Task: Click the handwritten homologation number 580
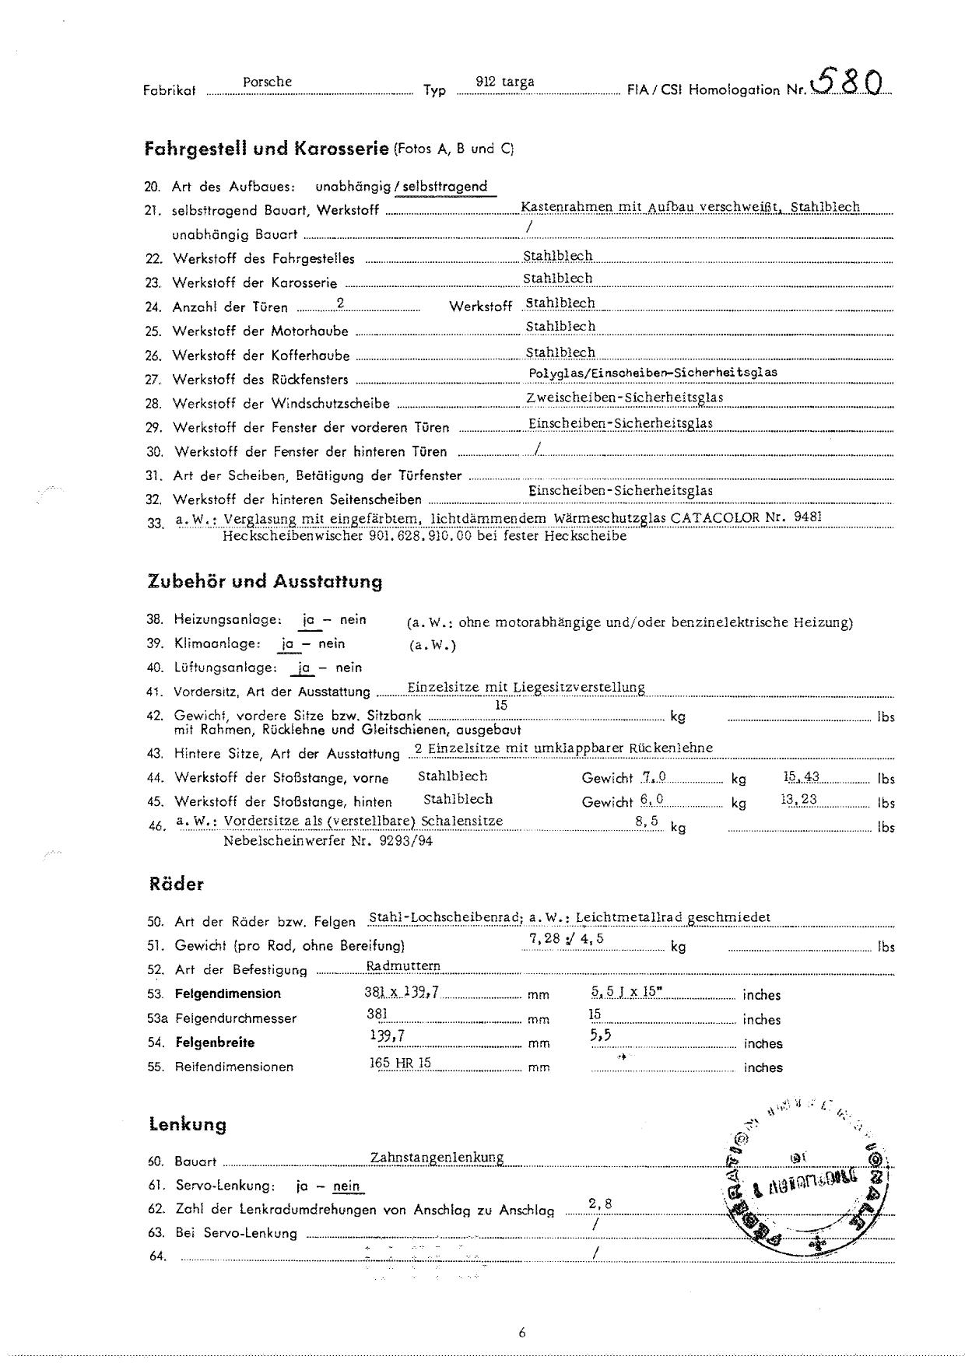point(847,80)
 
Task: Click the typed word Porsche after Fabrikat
point(267,82)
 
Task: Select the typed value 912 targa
point(505,82)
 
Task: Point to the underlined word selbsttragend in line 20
point(445,187)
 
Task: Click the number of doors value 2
point(340,305)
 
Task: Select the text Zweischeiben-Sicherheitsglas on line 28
point(625,398)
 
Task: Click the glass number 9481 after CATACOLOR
point(807,517)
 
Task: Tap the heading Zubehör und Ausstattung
point(265,581)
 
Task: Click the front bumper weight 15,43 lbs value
point(801,776)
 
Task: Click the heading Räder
point(176,885)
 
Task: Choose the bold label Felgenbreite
point(215,1042)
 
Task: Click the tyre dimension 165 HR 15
point(401,1063)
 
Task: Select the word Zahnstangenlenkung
point(437,1158)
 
